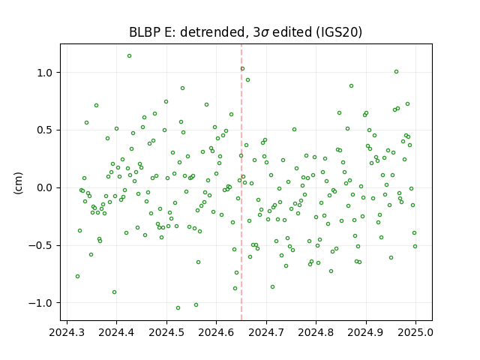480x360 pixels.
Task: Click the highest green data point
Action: tap(130, 56)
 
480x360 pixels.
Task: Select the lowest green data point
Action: tap(178, 308)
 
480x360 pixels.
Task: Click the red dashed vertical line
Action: tap(241, 182)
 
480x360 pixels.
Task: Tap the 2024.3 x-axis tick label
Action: tap(67, 332)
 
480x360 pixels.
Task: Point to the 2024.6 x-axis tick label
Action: tap(216, 332)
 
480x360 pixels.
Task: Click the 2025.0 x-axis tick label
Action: tap(415, 332)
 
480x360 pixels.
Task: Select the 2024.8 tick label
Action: tap(316, 332)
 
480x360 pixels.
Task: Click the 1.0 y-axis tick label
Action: tap(45, 73)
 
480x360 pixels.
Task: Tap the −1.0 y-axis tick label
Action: tap(41, 303)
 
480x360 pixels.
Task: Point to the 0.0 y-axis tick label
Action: tap(45, 188)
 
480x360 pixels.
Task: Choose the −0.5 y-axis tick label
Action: tap(41, 245)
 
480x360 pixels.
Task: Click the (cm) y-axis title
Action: tap(18, 183)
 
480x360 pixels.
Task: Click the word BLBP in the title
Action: tap(142, 32)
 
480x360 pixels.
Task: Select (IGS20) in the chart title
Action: tap(338, 32)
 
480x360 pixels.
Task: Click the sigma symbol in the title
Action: tap(265, 33)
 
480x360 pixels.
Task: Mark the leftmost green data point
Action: tap(78, 277)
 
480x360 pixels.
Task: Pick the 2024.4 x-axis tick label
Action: tap(116, 332)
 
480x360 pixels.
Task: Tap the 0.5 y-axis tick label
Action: tap(45, 130)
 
